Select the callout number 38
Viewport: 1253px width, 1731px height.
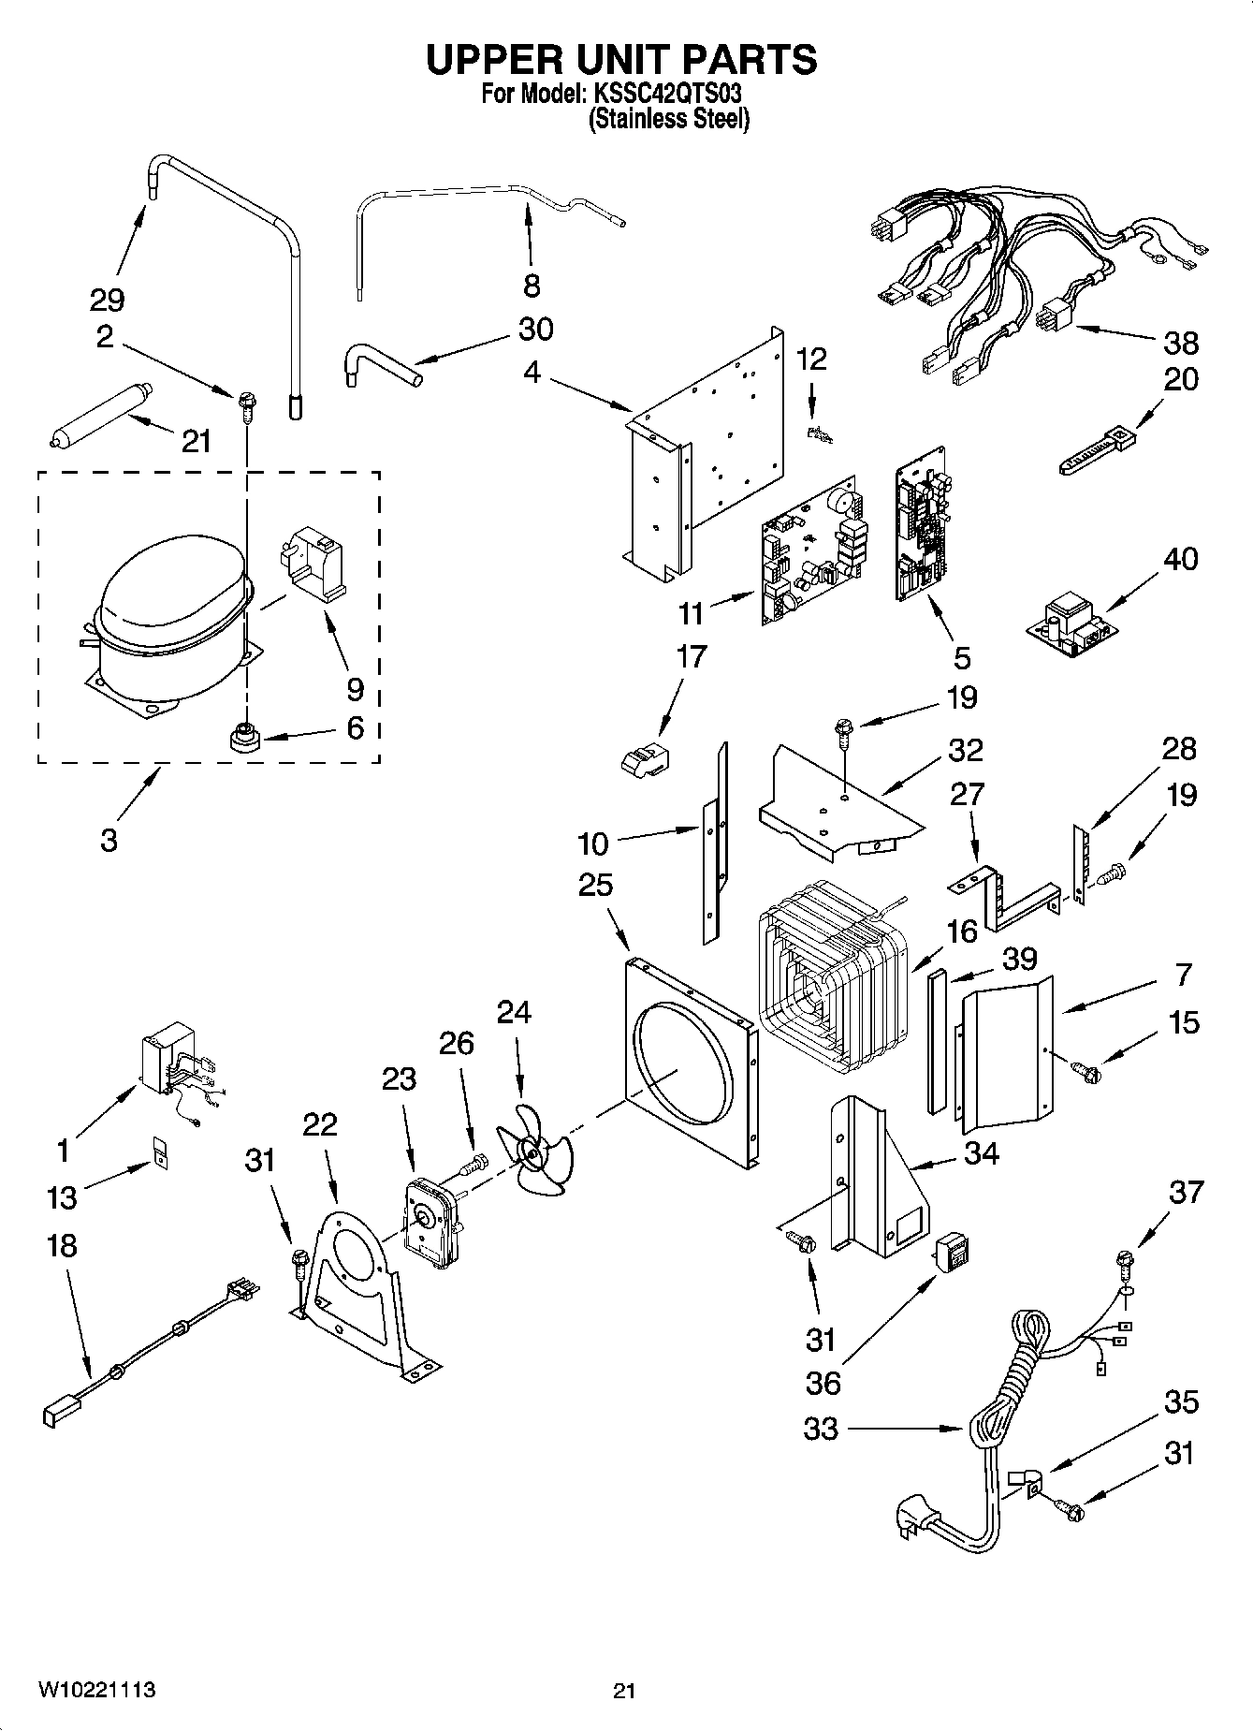1180,343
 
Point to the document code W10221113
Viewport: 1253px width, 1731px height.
96,1690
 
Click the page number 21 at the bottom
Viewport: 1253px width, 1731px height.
624,1691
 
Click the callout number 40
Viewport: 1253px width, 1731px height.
1180,559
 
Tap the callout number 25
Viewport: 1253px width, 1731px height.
594,885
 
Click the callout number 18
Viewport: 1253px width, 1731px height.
61,1246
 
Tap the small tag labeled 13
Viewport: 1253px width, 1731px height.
161,1152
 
